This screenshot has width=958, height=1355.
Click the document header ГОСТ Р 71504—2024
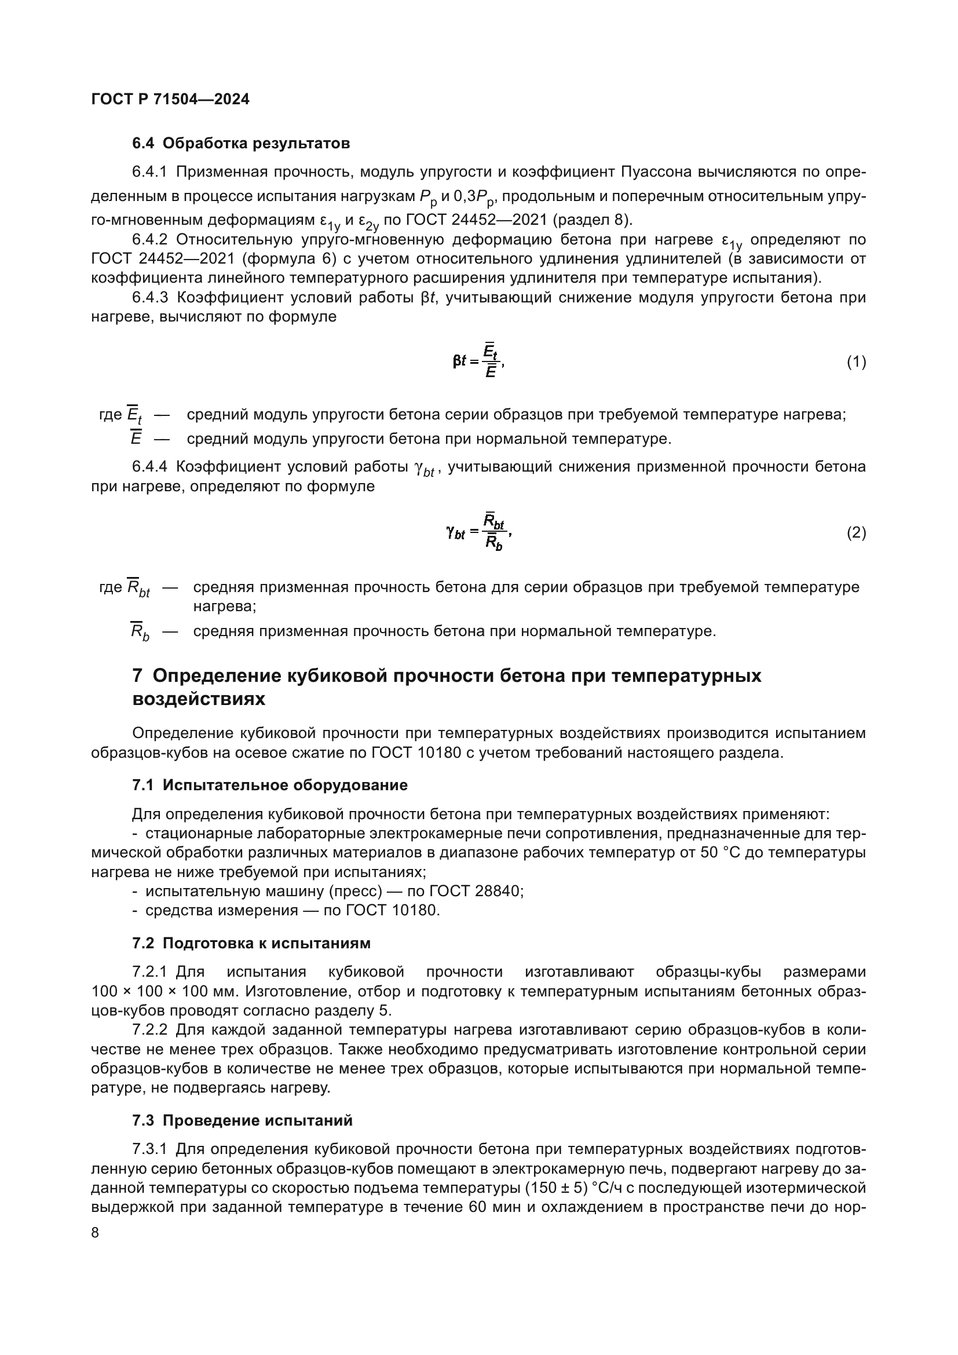pos(170,99)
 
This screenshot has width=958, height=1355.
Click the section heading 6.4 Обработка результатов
pos(241,144)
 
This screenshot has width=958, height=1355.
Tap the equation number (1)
pos(856,361)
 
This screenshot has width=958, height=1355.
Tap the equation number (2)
pos(856,533)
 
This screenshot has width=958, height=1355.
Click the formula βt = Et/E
pos(478,360)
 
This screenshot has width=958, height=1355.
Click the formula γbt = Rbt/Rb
pos(478,532)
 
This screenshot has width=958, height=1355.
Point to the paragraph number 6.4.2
pos(150,239)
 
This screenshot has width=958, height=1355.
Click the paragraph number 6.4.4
pos(150,466)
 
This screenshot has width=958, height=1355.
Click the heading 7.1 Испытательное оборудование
pos(269,785)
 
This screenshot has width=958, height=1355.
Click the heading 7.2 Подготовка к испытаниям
pos(251,943)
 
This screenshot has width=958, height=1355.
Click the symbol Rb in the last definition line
pos(139,632)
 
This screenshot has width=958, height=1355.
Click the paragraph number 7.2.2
pos(150,1030)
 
